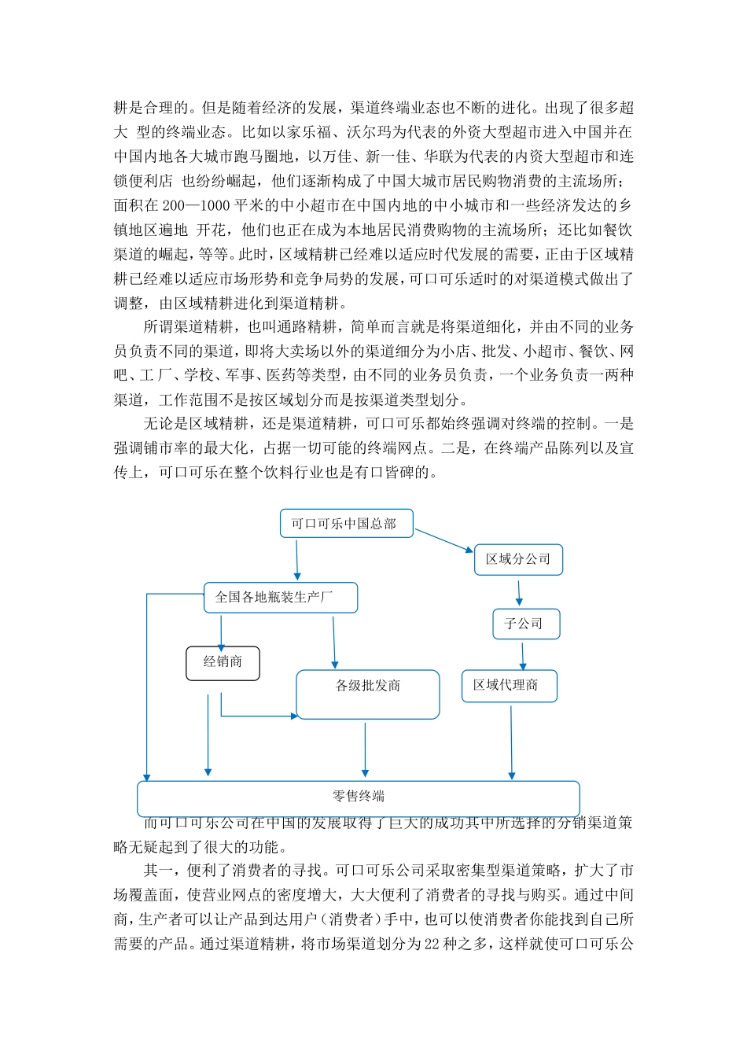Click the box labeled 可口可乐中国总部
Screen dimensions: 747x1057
[346, 524]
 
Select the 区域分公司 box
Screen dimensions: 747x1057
[518, 559]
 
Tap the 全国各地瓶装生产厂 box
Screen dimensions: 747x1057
[280, 598]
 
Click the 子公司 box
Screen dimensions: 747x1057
[525, 624]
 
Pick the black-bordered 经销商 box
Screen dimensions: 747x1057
[223, 662]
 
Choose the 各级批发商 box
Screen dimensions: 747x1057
[367, 694]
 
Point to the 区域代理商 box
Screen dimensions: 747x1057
[509, 686]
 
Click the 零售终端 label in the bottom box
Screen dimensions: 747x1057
[359, 797]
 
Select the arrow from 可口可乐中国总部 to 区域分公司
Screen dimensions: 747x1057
[444, 540]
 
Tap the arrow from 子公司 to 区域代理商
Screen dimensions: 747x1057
[523, 654]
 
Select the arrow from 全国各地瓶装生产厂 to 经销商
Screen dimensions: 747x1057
[221, 631]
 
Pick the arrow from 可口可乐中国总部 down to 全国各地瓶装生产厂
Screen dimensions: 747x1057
[297, 559]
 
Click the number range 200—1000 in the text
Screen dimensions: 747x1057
[197, 206]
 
